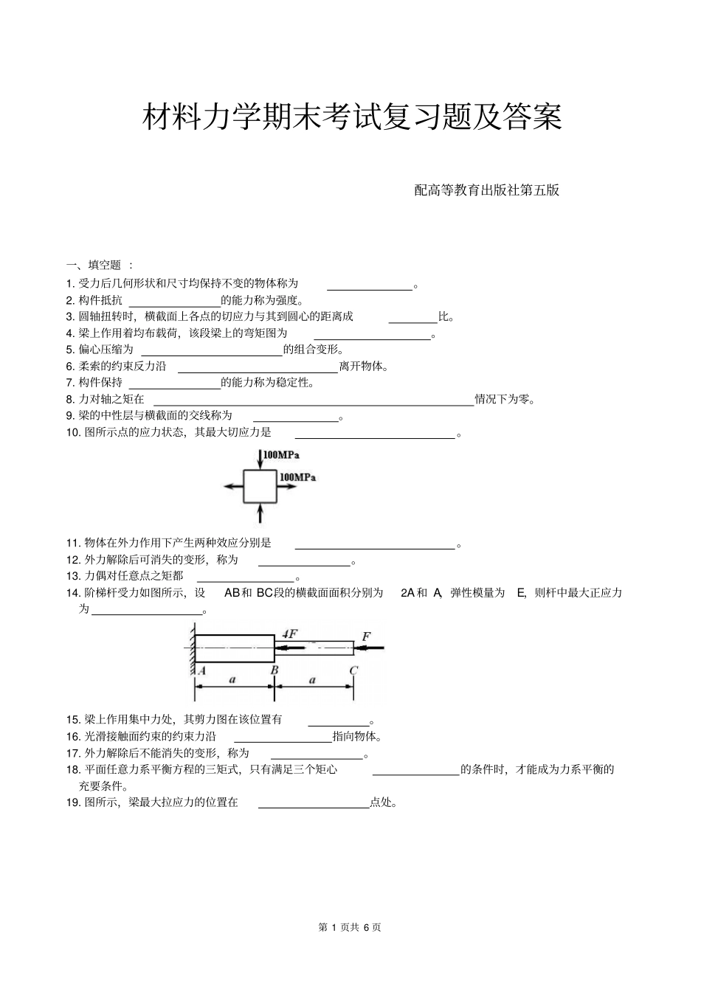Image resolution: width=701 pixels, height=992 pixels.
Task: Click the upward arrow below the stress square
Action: click(260, 513)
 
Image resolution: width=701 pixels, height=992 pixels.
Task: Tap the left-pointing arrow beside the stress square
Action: click(232, 486)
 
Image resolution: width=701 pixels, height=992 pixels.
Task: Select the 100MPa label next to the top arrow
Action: click(281, 455)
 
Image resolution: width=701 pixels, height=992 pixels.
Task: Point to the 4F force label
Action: click(290, 634)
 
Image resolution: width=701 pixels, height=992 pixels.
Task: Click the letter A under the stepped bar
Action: click(201, 670)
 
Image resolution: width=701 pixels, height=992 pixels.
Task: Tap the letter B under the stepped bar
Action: click(274, 670)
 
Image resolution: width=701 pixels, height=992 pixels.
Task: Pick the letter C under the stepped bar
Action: click(353, 670)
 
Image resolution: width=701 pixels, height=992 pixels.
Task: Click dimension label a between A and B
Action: click(232, 680)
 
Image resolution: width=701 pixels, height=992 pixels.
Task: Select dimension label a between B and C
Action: click(312, 680)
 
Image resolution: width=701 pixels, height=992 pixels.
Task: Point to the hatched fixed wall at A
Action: click(191, 649)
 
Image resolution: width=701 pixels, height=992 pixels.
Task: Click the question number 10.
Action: click(73, 432)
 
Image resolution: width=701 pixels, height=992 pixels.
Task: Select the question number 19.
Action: click(73, 802)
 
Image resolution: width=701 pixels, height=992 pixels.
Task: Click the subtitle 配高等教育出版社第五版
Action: click(486, 190)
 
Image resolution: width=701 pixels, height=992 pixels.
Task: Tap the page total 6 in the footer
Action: click(366, 927)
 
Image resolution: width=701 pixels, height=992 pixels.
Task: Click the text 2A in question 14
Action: click(407, 592)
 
